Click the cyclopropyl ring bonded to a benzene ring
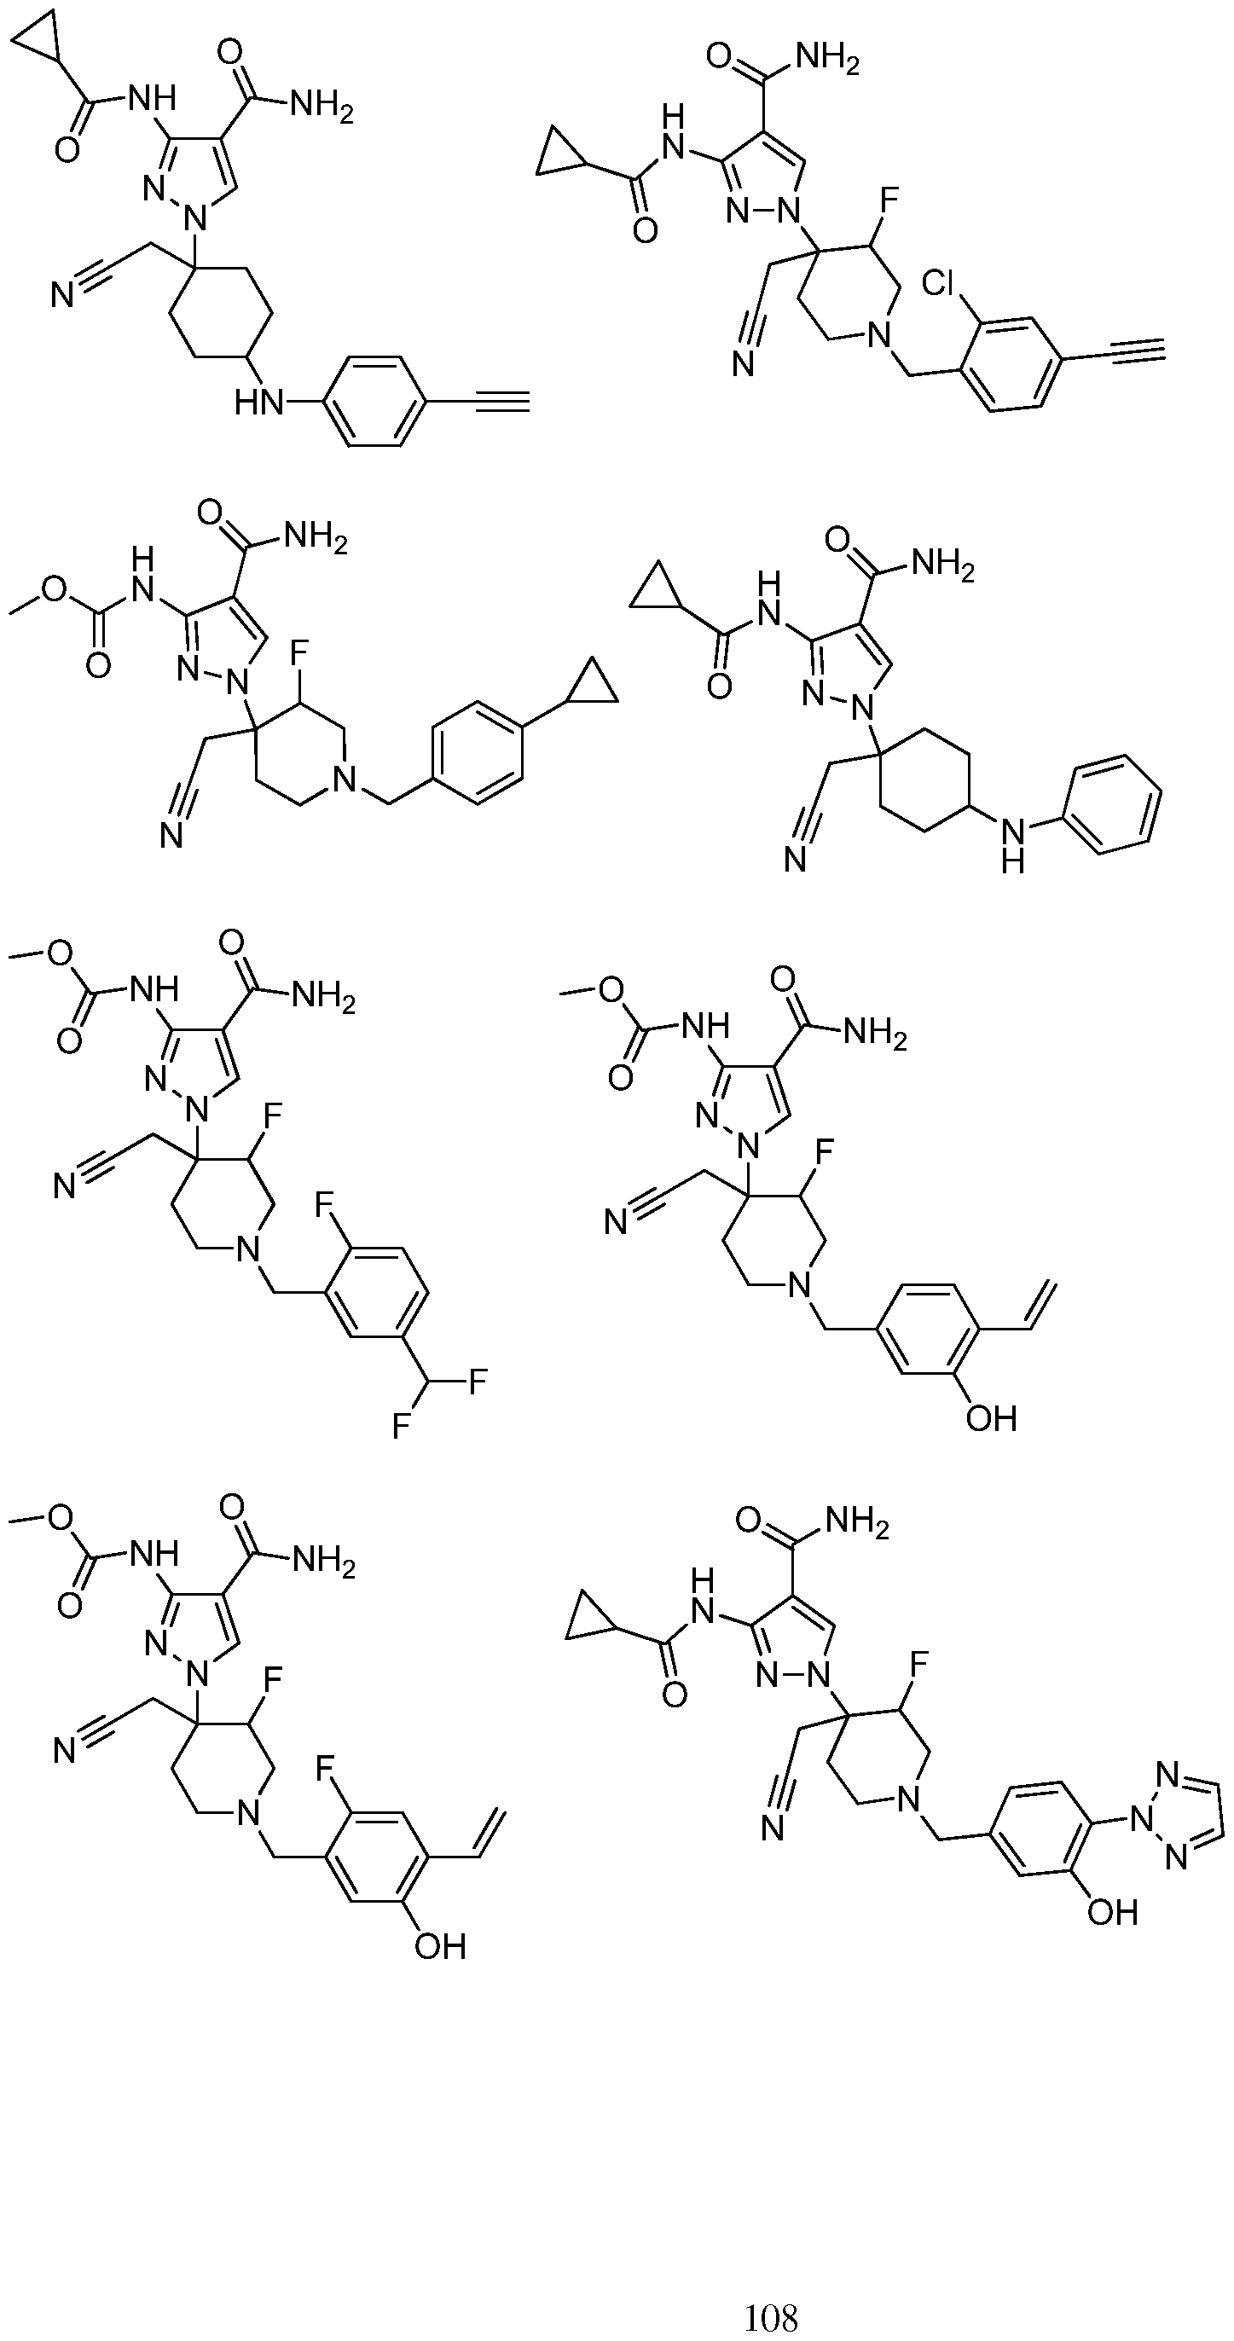click(593, 687)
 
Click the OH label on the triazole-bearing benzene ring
click(1112, 1913)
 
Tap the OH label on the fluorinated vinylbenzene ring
click(441, 1945)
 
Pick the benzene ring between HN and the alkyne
click(374, 401)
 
